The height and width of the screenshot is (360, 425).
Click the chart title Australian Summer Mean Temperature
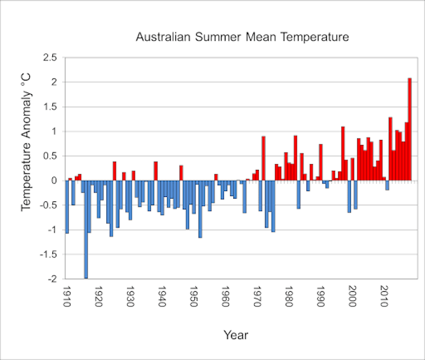coord(242,38)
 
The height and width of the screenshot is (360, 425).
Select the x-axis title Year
coord(236,335)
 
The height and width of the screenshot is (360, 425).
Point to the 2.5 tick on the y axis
coord(50,58)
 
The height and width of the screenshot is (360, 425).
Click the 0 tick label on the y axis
coord(55,181)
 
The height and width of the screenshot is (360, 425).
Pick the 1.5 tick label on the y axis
coord(50,107)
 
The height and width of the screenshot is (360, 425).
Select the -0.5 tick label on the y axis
coord(48,205)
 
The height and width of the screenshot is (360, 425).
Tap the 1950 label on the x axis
coord(194,297)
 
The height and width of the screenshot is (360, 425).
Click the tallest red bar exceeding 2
coord(410,130)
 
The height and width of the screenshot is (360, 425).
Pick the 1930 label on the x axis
coord(131,297)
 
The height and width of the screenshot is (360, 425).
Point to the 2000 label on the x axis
coord(353,297)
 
